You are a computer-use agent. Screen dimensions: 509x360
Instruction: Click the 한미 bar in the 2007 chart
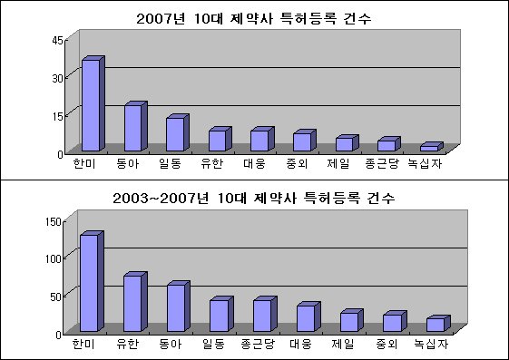click(93, 103)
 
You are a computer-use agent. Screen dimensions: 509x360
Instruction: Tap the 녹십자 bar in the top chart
click(432, 147)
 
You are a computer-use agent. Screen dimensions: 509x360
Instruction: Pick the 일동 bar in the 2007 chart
click(178, 132)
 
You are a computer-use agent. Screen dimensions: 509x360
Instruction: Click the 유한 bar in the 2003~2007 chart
click(135, 302)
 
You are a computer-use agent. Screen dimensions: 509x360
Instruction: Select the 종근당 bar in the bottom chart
click(265, 314)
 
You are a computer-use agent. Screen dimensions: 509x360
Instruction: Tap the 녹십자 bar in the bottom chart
click(438, 324)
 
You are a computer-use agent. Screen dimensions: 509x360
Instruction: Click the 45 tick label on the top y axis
click(57, 41)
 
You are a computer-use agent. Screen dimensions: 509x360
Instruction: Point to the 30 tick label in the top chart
click(57, 79)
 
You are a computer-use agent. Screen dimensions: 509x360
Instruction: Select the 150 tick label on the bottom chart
click(54, 222)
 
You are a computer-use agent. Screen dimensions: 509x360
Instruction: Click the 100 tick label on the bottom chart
click(54, 258)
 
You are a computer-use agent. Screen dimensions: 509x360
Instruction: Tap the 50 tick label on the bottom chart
click(56, 297)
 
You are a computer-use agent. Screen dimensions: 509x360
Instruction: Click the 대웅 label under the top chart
click(254, 163)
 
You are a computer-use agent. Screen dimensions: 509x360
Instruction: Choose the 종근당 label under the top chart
click(382, 163)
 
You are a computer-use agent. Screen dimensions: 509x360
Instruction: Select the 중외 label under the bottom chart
click(387, 344)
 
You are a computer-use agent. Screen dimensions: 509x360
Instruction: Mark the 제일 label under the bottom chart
click(342, 344)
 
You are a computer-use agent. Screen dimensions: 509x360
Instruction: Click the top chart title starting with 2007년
click(253, 18)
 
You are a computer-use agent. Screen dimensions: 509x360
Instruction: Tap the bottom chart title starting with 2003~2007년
click(253, 198)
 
